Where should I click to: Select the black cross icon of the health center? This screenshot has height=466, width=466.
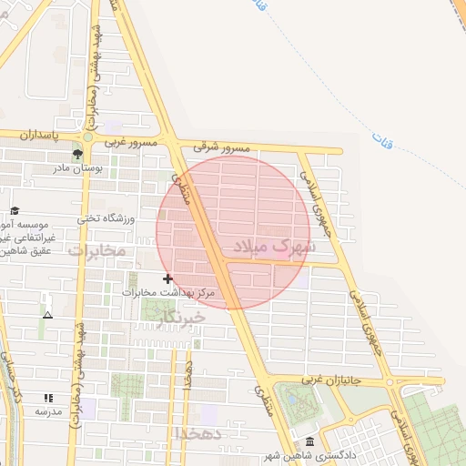(x=167, y=279)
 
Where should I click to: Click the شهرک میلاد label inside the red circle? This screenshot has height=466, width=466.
(x=275, y=246)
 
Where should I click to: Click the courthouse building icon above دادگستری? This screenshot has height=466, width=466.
(x=310, y=441)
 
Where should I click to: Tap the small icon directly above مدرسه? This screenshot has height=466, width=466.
(x=48, y=398)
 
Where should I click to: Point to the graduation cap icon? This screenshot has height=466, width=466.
(x=15, y=211)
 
